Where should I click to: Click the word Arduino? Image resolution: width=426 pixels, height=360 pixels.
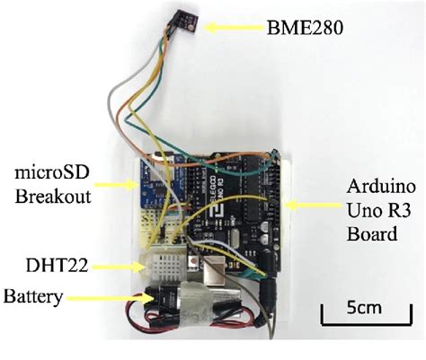click(x=380, y=187)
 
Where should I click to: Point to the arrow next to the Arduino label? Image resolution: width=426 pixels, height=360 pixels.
click(x=310, y=202)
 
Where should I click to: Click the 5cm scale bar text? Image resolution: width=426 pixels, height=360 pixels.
click(x=364, y=308)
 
